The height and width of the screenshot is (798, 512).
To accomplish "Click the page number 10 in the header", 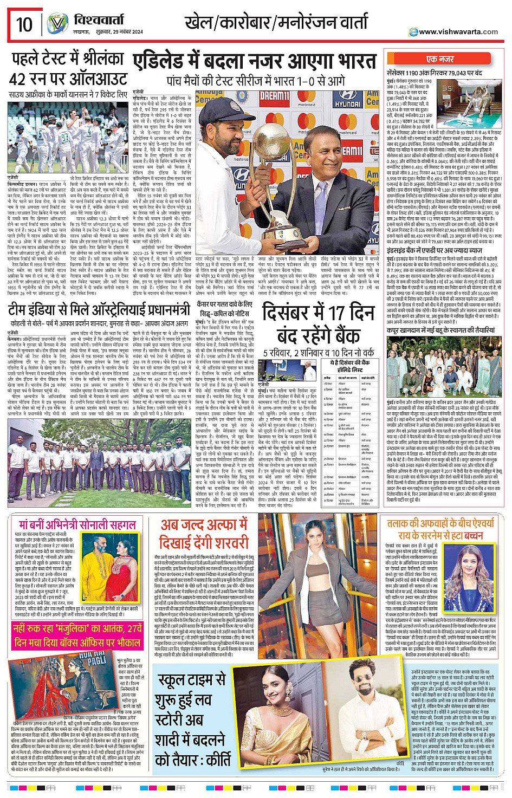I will click(x=24, y=24).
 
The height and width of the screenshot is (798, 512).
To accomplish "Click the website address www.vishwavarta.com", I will click(x=458, y=31).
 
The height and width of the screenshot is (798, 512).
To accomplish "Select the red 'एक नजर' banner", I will click(x=440, y=59).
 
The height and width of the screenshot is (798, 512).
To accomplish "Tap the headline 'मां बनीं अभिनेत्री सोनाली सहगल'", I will click(x=77, y=525).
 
